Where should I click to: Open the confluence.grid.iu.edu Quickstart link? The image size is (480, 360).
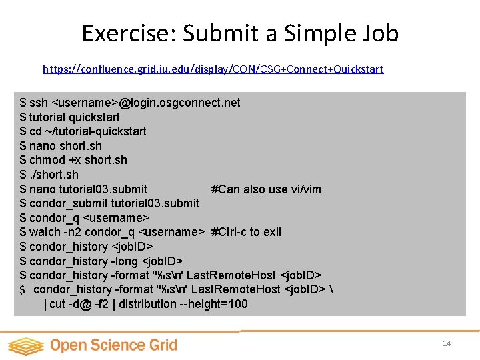tap(213, 69)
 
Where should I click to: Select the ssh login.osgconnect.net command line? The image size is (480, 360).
tap(130, 103)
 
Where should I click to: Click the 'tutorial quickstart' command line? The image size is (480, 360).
tap(70, 117)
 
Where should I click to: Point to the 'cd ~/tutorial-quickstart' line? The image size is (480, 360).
tap(83, 131)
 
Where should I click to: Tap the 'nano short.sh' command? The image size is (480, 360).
tap(61, 146)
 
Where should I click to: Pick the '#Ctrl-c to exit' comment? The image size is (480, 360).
tap(246, 232)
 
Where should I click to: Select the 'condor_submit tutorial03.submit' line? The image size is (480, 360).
tap(109, 203)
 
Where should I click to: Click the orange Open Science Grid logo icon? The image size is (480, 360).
tap(25, 345)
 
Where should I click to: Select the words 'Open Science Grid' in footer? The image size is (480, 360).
tap(113, 345)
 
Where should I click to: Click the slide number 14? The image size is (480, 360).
tap(447, 343)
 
